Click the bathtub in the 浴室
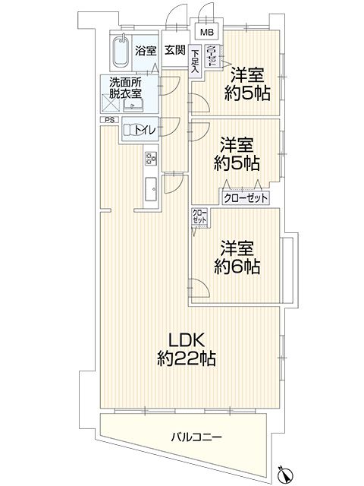(121, 51)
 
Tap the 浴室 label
(146, 51)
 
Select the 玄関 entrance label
(175, 50)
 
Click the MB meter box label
(207, 32)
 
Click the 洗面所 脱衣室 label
(125, 88)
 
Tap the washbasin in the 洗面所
(133, 106)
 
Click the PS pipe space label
(109, 120)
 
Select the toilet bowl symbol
(130, 130)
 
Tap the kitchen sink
(152, 189)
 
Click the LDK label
(186, 341)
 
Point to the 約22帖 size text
(187, 358)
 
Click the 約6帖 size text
(237, 267)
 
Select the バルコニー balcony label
(197, 437)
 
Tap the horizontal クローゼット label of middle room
(246, 198)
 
